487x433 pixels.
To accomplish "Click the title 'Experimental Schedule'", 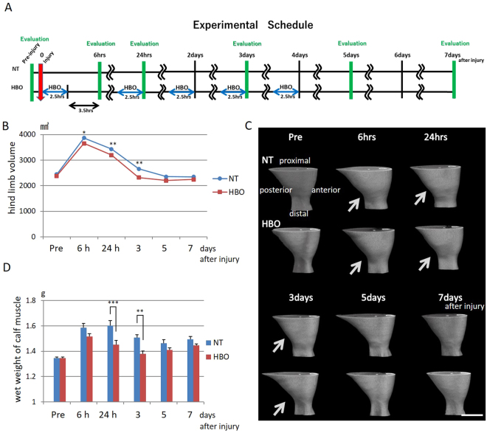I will [x=253, y=24].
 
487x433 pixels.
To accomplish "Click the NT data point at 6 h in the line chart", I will [x=84, y=138].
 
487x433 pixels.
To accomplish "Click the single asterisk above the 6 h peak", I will [x=85, y=130].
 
